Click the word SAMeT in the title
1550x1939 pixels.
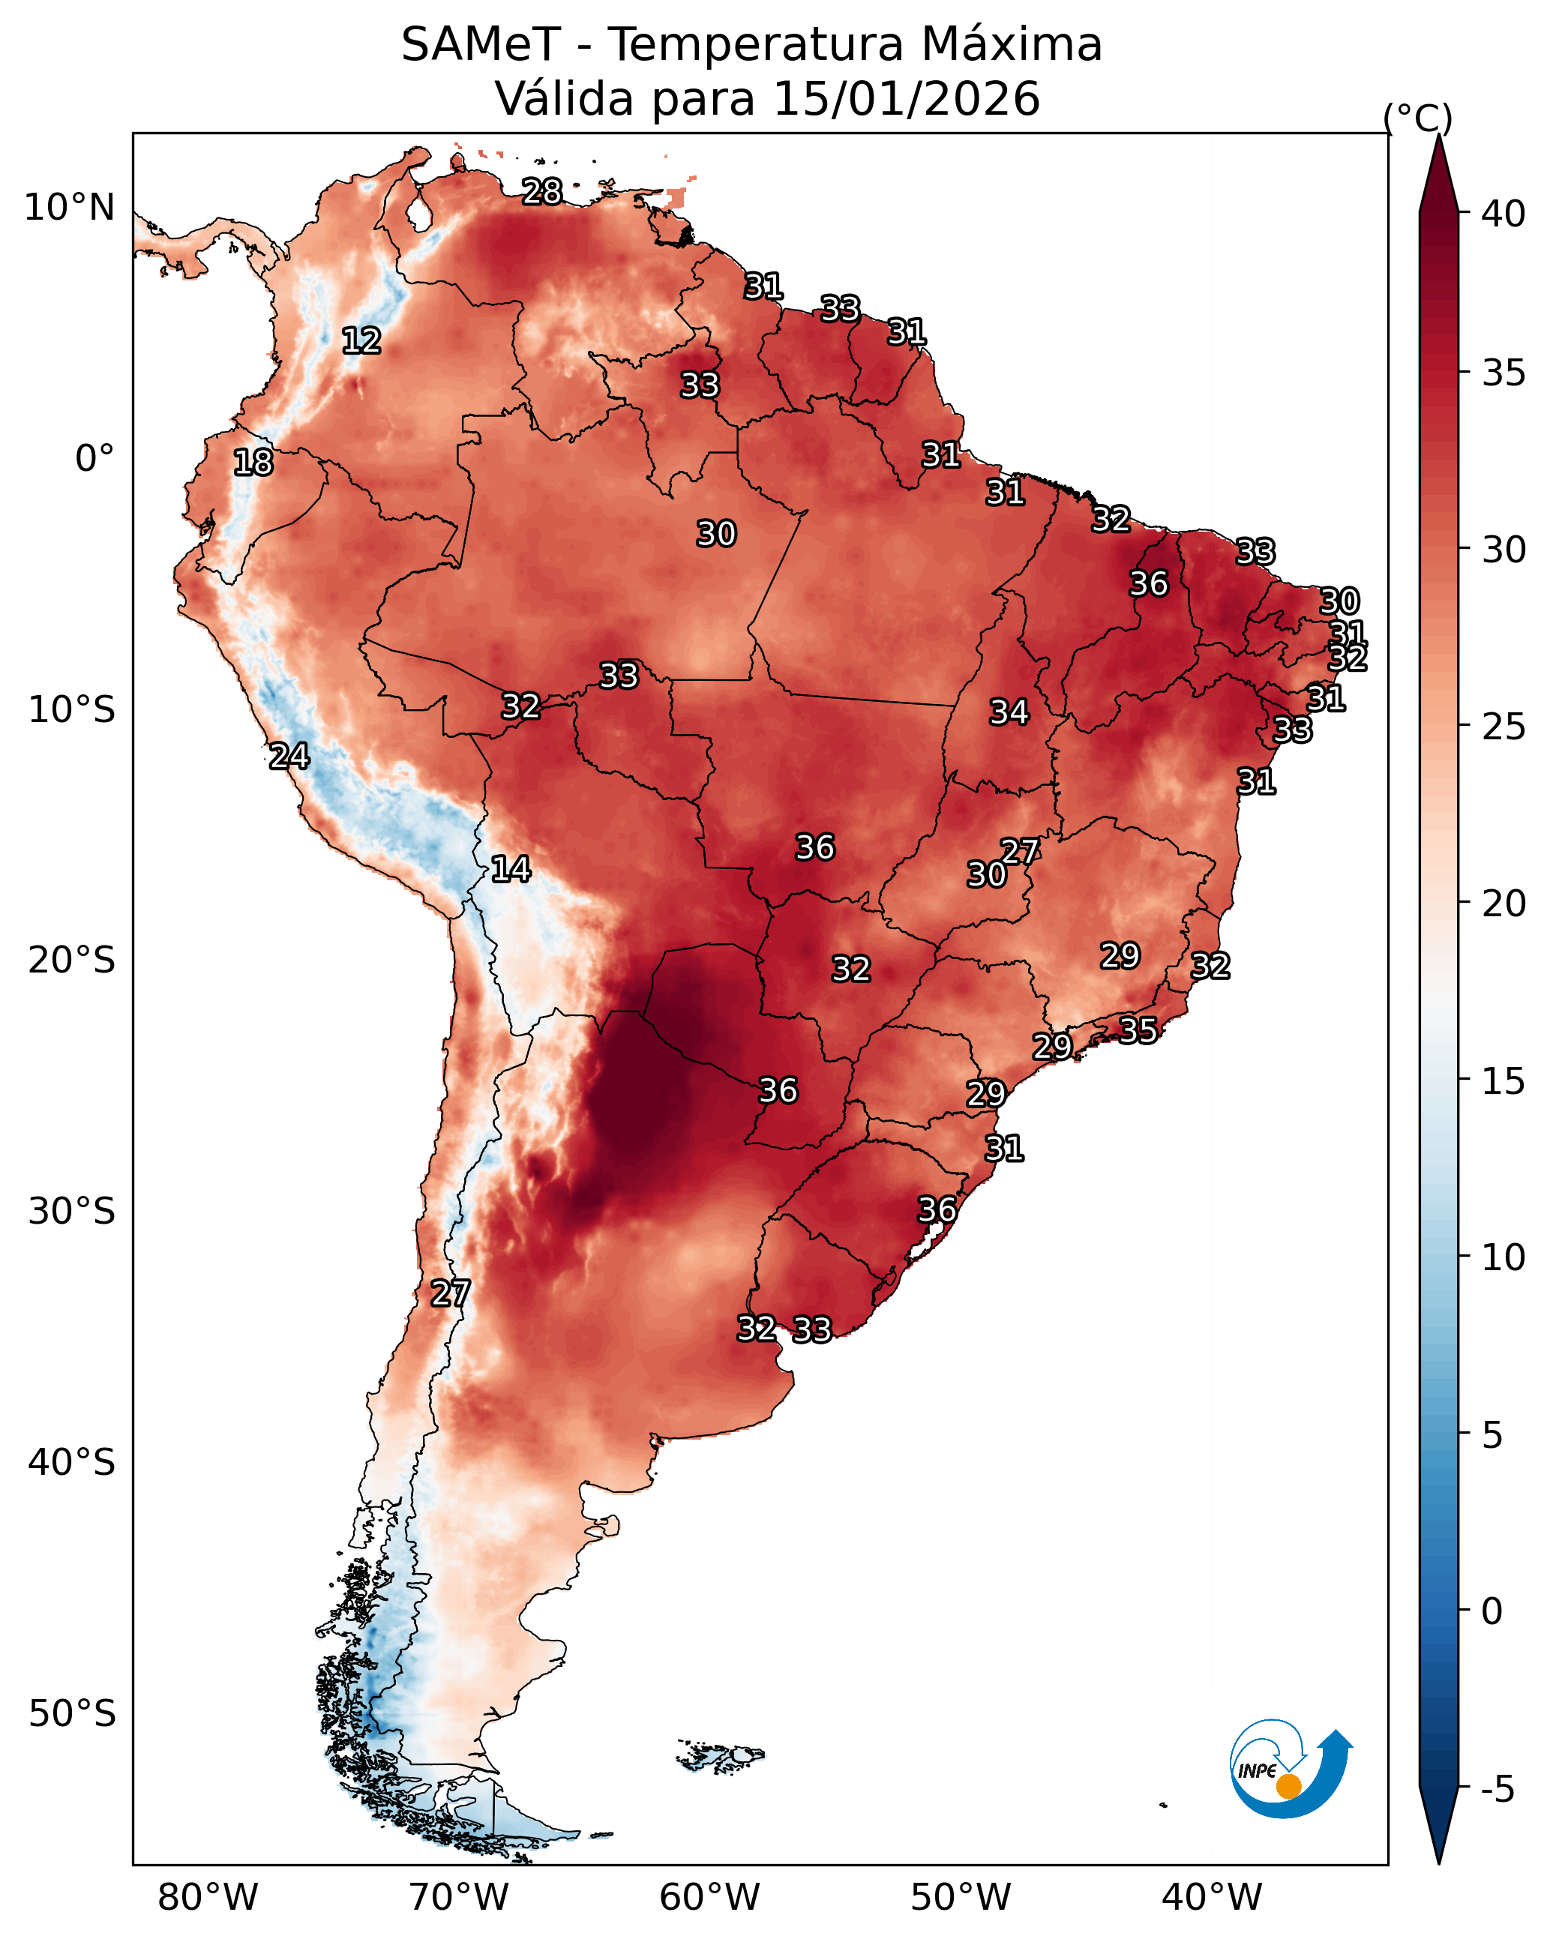(481, 45)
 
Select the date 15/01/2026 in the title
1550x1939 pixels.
(906, 99)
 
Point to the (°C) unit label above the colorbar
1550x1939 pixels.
(1417, 118)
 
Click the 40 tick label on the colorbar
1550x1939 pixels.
(1504, 214)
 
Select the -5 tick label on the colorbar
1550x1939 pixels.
(1498, 1789)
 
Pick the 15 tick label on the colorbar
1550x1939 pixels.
(1504, 1081)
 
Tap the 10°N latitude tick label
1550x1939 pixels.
(69, 208)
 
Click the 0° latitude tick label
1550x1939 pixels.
(94, 459)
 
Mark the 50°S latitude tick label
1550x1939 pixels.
(72, 1714)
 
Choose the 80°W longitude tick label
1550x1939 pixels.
(208, 1897)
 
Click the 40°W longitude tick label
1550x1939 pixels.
(1212, 1897)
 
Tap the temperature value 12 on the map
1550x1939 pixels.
(361, 341)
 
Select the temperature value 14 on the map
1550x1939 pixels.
(511, 869)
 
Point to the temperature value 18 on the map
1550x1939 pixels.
(253, 463)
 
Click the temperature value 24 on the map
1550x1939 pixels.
(289, 757)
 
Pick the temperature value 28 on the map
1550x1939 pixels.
(542, 191)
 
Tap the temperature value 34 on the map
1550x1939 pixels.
(1009, 712)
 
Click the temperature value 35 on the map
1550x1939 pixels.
(1138, 1029)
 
